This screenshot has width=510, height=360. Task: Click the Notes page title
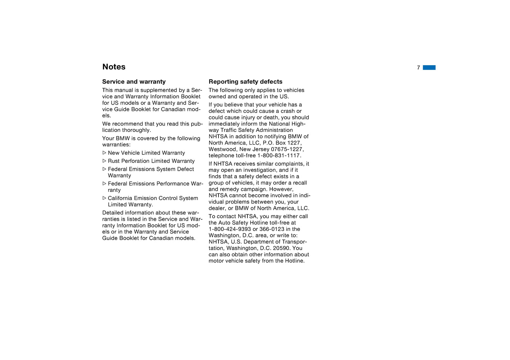coord(114,67)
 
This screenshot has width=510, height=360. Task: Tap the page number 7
coord(418,68)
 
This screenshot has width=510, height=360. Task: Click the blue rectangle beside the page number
coord(429,67)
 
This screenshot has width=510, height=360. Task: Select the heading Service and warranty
coord(134,82)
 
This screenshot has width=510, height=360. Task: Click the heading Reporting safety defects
coord(245,82)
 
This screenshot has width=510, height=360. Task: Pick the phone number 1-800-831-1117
coord(279,155)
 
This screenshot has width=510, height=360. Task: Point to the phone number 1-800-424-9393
coord(230,229)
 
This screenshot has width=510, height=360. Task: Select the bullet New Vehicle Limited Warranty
coord(146,153)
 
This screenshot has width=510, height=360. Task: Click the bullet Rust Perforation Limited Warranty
coord(151,161)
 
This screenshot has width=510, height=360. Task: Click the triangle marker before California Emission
coord(104,198)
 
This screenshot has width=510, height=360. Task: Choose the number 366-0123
coord(272,229)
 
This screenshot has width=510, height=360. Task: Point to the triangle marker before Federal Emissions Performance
coord(104,184)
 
